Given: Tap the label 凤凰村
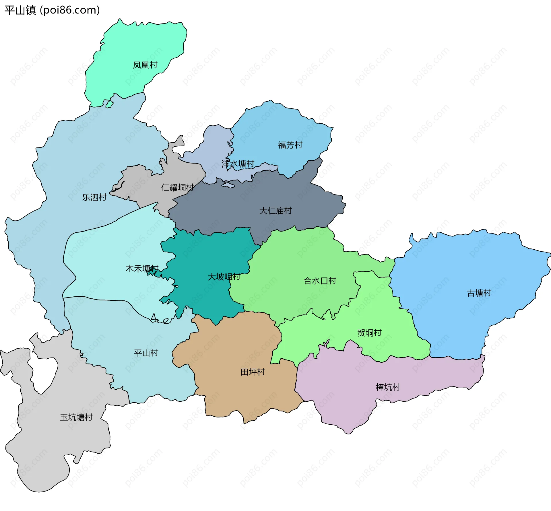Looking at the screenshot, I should [x=145, y=65].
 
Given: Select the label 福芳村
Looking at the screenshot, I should [x=290, y=145].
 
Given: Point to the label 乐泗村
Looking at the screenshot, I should [x=94, y=197].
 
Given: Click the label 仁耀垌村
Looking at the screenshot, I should [x=178, y=188].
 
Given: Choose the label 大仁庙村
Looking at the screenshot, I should [x=275, y=211].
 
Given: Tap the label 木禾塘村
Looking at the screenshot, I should [x=142, y=269].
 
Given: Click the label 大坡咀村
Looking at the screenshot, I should [x=224, y=277].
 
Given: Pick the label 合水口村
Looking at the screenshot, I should [x=320, y=281].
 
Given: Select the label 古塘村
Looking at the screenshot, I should [x=479, y=293].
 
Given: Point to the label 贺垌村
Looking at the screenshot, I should [x=369, y=333].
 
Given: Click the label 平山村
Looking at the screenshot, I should [x=146, y=353].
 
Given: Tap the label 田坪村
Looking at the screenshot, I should [x=253, y=372].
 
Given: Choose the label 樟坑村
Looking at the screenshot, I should [x=388, y=387].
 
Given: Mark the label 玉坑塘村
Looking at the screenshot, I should [x=76, y=417].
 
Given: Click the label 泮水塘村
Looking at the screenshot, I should [x=238, y=164].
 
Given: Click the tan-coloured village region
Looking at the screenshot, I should [x=244, y=396].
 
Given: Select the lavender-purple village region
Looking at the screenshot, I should [x=344, y=407].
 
